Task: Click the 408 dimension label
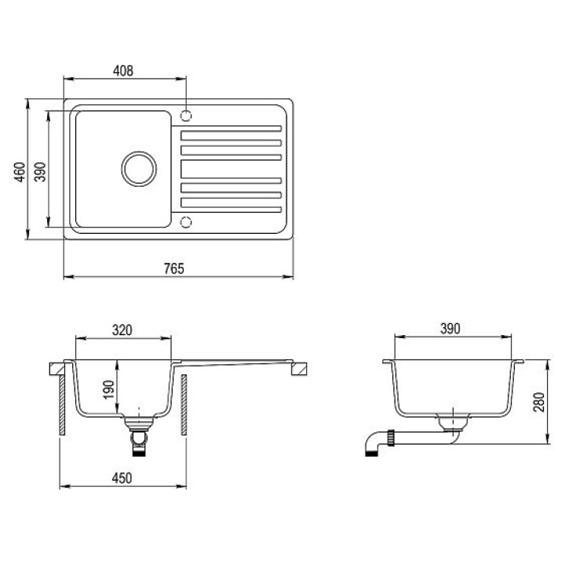click(123, 71)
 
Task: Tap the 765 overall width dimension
click(174, 268)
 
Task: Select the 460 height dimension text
click(20, 172)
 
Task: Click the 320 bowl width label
click(122, 330)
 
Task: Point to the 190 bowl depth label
click(108, 389)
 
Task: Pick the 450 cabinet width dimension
click(122, 478)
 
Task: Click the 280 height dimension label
click(538, 402)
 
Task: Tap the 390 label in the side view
click(450, 328)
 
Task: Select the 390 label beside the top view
click(40, 172)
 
